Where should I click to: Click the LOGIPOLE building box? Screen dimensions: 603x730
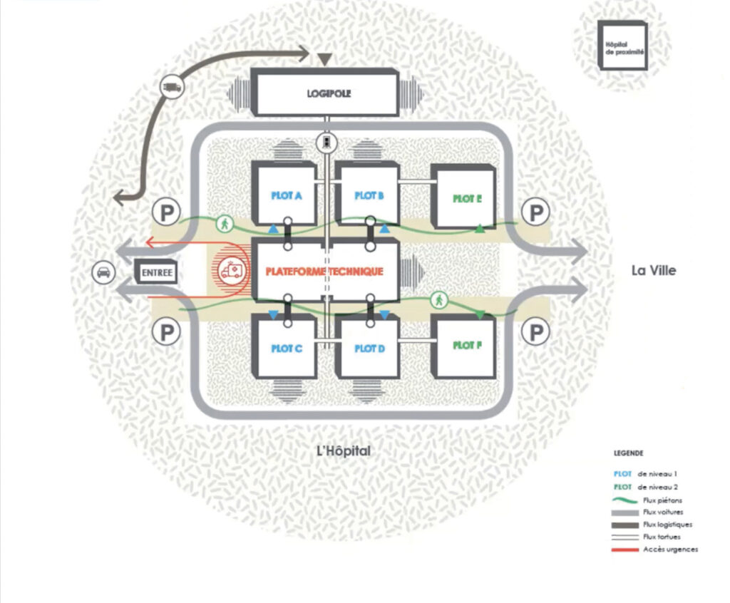tap(324, 93)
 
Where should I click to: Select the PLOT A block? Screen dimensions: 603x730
tap(284, 194)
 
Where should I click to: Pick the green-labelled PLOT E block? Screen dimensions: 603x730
tap(464, 198)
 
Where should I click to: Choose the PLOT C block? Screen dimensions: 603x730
tap(284, 349)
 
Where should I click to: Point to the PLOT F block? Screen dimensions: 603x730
tap(464, 346)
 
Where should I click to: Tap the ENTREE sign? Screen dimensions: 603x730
tap(155, 272)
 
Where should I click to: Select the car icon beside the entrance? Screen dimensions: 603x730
tap(104, 272)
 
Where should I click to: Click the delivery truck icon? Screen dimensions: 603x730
tap(172, 87)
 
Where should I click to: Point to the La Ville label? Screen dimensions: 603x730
tap(653, 270)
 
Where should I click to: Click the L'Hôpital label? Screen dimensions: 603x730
tap(344, 451)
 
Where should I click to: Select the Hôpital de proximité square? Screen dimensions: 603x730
tap(622, 45)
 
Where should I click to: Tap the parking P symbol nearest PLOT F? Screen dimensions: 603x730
tap(534, 331)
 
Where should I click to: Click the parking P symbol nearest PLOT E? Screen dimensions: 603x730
tap(534, 212)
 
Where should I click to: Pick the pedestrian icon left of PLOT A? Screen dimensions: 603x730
tap(225, 224)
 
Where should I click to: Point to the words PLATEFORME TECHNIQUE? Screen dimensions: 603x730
tap(324, 272)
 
